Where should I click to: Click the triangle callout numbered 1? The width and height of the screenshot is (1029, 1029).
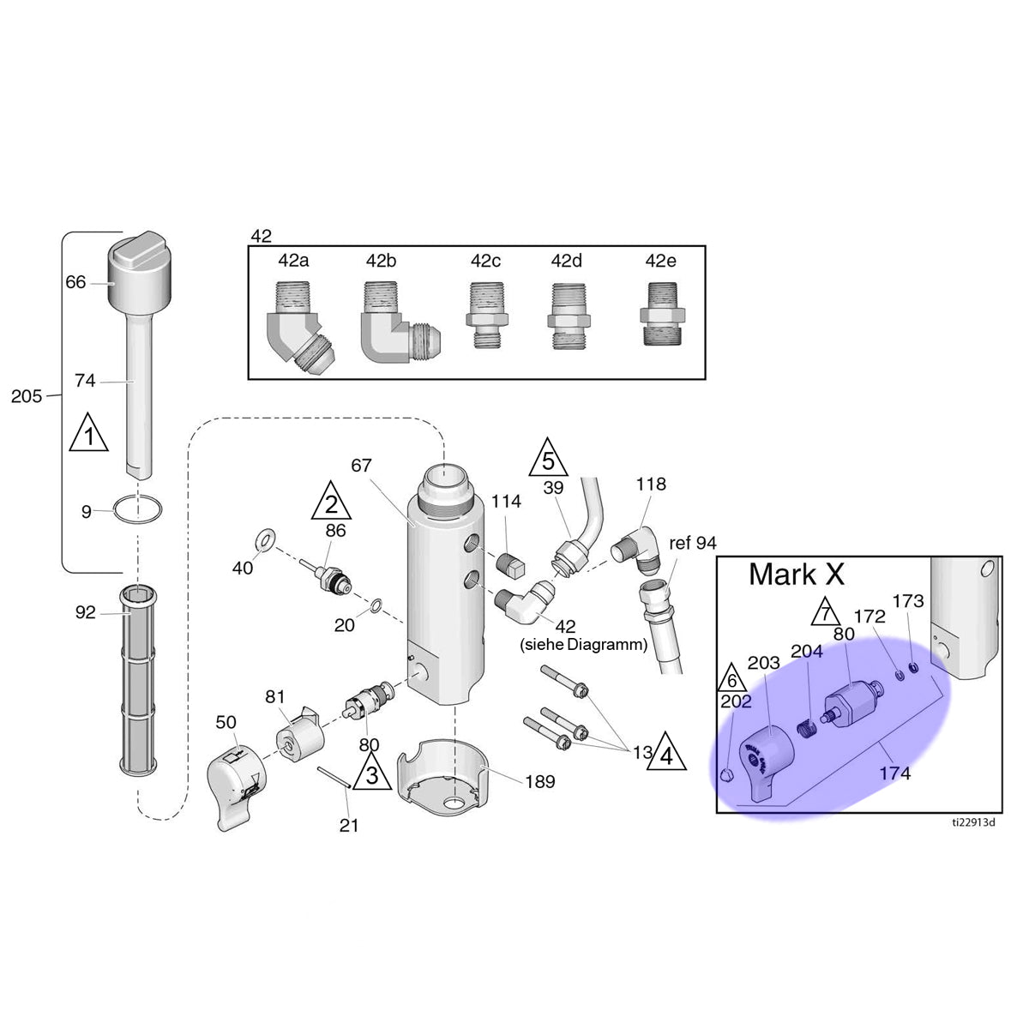point(88,432)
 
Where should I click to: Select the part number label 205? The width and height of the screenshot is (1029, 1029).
point(27,396)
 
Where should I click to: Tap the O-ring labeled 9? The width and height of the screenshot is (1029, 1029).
point(138,509)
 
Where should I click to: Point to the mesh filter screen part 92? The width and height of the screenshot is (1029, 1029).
point(138,682)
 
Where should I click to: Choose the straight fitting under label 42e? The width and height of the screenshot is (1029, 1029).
point(662,314)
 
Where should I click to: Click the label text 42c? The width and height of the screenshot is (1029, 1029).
point(485,261)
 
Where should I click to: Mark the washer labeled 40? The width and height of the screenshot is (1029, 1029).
point(266,539)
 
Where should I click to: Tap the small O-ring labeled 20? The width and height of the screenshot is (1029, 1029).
point(376,605)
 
